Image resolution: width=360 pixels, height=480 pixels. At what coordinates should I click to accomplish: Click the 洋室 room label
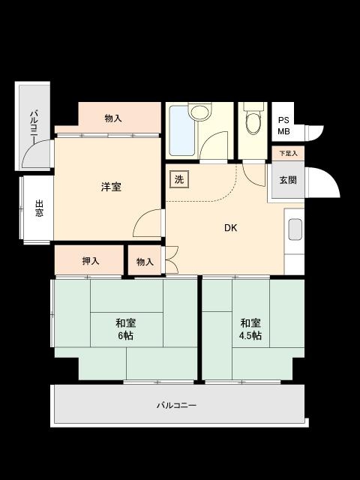111,187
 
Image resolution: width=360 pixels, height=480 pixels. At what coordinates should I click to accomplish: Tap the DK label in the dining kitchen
230,228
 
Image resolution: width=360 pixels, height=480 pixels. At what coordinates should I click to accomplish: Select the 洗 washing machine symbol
178,179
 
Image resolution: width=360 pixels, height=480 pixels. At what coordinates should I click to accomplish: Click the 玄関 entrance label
288,180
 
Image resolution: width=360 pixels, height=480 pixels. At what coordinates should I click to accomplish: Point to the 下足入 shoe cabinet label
288,154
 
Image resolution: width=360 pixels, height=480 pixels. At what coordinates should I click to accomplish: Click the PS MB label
283,126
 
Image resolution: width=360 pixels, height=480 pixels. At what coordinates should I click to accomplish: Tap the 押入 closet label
90,261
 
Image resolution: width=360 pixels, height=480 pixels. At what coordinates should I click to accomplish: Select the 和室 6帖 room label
125,329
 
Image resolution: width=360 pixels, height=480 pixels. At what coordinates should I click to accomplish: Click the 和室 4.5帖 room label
250,329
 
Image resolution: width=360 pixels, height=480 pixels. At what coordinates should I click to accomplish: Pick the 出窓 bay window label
38,208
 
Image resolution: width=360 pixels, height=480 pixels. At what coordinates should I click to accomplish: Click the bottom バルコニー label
176,406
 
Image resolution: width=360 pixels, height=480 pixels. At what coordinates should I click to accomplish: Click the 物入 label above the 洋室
113,118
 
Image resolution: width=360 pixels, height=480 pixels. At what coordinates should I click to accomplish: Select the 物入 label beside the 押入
145,262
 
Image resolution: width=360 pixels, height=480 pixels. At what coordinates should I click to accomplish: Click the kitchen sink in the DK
295,229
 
